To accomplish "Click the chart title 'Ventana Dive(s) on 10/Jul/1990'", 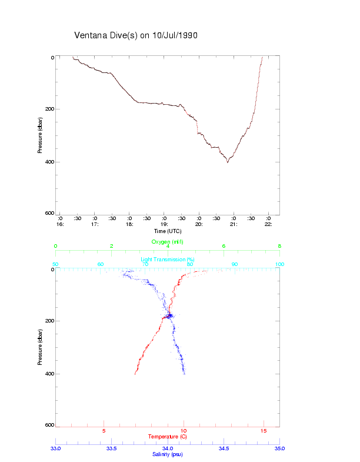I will point(136,35).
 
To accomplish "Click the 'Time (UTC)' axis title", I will point(167,231).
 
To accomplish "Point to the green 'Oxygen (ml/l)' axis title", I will point(168,242).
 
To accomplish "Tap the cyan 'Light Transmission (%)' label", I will point(168,260).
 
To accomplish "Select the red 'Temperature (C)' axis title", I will point(168,437).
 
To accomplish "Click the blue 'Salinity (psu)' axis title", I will point(168,454).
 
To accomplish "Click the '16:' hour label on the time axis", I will point(59,224).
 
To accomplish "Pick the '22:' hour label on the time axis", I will point(268,224).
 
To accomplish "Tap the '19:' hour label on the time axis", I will point(164,224).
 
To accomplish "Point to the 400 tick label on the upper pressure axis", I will point(49,162).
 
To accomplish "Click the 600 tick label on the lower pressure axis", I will point(49,425).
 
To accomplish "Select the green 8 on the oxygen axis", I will point(279,246).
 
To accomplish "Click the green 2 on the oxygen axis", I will point(112,246).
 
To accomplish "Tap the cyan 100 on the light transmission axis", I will point(279,264).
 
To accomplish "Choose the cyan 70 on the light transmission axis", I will point(145,264).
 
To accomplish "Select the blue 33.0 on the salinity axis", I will point(56,448).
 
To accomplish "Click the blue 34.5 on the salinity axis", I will point(224,448).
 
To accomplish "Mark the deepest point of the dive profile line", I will point(228,162).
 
